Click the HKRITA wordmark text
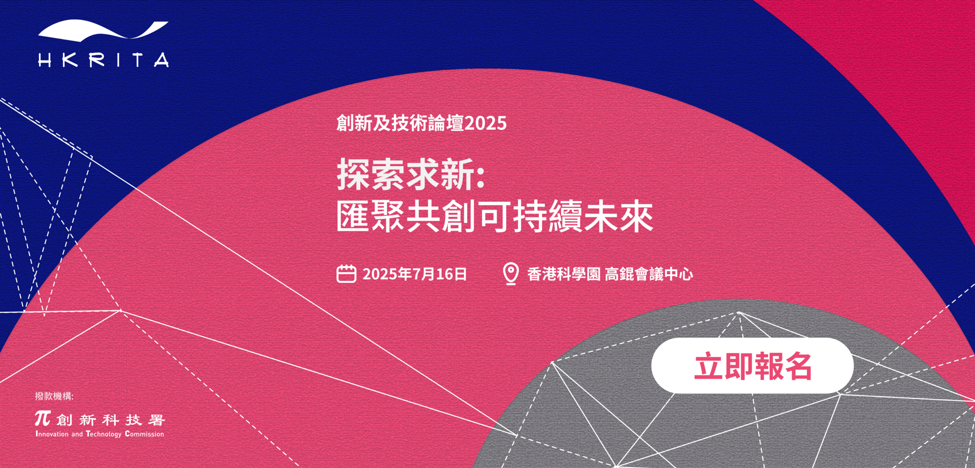pyautogui.click(x=103, y=59)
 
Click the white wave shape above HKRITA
pyautogui.click(x=103, y=30)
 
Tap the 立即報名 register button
pyautogui.click(x=752, y=366)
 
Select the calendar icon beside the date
pyautogui.click(x=346, y=273)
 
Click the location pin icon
pyautogui.click(x=510, y=273)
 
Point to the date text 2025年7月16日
pyautogui.click(x=414, y=274)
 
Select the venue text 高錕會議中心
pyautogui.click(x=649, y=274)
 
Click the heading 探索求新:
pyautogui.click(x=410, y=174)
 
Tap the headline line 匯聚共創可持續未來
pyautogui.click(x=495, y=216)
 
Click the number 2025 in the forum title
pyautogui.click(x=486, y=123)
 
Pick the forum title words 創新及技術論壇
pyautogui.click(x=400, y=123)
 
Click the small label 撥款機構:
pyautogui.click(x=54, y=396)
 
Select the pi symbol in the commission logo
pyautogui.click(x=42, y=418)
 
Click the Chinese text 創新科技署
pyautogui.click(x=111, y=420)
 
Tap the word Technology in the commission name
pyautogui.click(x=103, y=434)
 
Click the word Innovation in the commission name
pyautogui.click(x=52, y=434)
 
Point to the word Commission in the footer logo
pyautogui.click(x=144, y=434)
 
